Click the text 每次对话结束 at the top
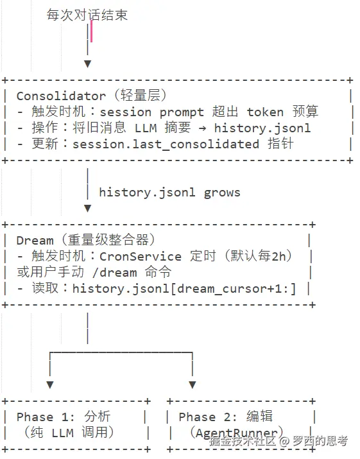point(87,15)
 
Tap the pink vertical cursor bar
point(91,31)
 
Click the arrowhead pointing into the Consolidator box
point(87,64)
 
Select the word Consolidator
point(61,96)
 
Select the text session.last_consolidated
point(166,144)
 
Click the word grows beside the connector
point(222,192)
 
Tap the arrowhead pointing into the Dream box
point(87,208)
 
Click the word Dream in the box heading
point(35,241)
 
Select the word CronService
point(141,256)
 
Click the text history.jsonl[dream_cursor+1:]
point(184,288)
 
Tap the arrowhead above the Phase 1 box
point(50,385)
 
